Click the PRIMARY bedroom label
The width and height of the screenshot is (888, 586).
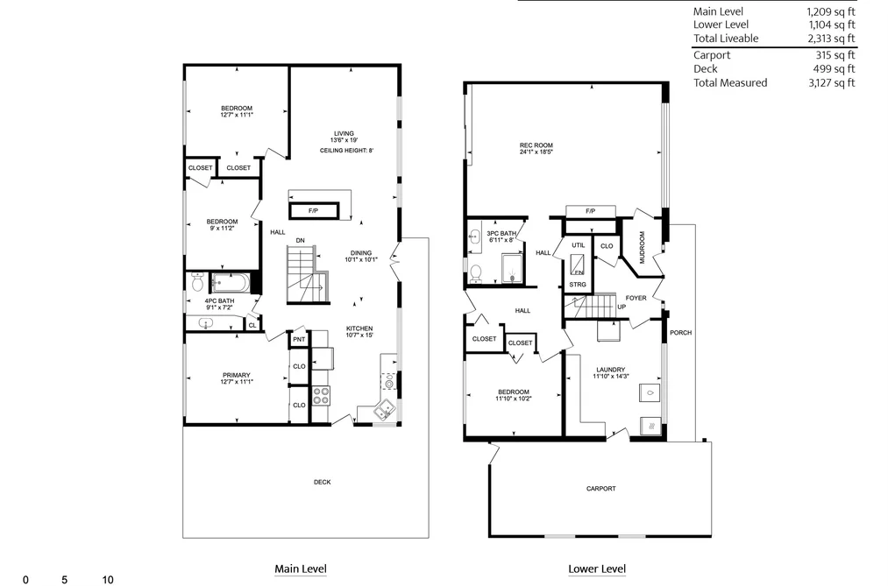point(236,375)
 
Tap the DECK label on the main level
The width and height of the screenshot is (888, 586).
point(323,482)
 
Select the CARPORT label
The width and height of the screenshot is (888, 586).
point(600,488)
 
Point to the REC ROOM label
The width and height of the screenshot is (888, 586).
point(536,145)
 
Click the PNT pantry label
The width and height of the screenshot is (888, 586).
point(299,339)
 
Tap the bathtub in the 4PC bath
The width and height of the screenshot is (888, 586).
point(230,281)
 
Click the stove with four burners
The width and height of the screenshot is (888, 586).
point(321,395)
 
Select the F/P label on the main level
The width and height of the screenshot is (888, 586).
point(313,211)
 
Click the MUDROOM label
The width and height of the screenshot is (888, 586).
point(642,247)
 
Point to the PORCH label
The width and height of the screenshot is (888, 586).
point(681,333)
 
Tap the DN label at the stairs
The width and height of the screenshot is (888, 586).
point(300,240)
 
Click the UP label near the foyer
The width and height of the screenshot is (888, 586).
point(622,307)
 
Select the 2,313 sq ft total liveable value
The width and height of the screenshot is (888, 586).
point(831,39)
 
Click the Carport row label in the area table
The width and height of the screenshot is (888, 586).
point(712,55)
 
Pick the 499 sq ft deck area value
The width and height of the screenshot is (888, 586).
point(835,69)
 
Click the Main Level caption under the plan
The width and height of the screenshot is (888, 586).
point(301,569)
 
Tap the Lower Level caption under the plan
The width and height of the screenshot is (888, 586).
point(597,569)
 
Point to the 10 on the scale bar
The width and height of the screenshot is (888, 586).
point(108,580)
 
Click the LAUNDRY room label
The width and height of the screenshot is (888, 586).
point(610,370)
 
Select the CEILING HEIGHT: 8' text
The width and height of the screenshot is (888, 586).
point(346,151)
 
